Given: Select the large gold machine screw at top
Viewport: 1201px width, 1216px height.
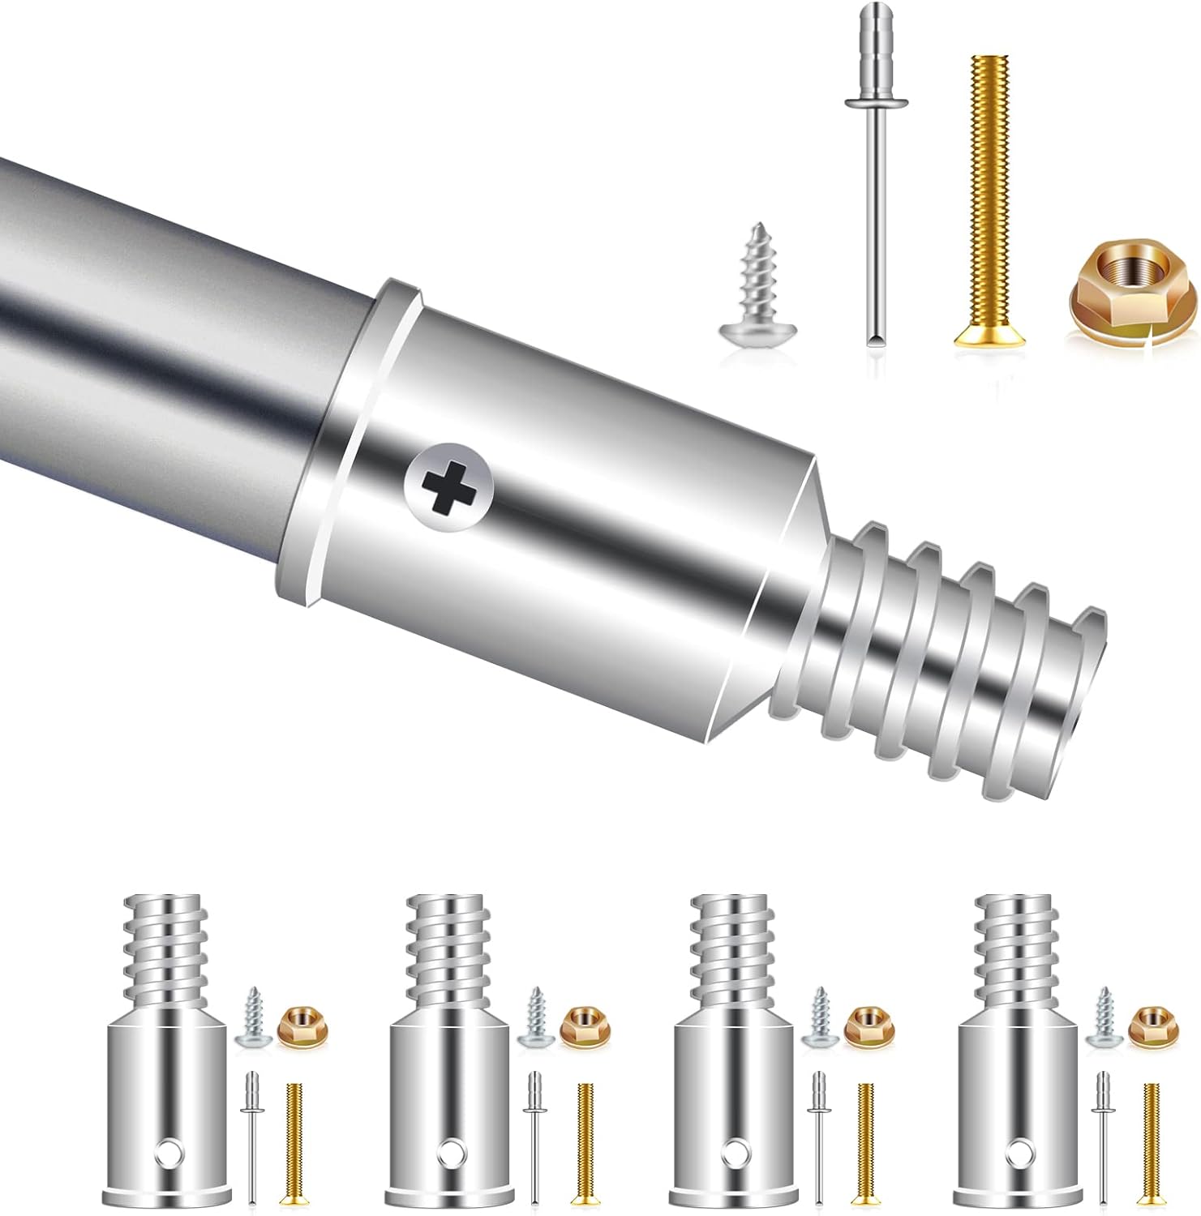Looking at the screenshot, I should [984, 203].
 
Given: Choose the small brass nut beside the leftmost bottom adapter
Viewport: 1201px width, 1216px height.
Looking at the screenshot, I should [296, 1024].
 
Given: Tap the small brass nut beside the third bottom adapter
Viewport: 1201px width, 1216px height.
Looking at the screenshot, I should [863, 1024].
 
